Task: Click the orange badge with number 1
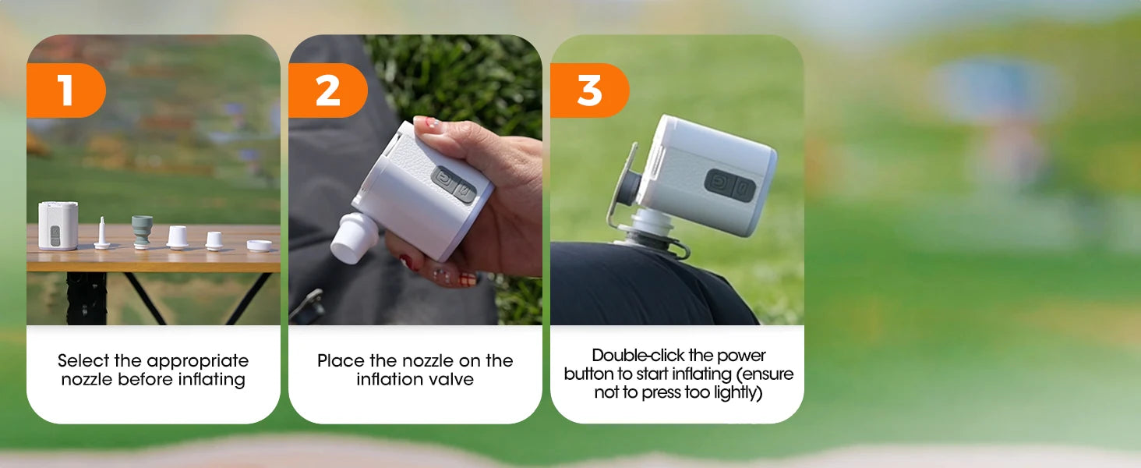pyautogui.click(x=65, y=90)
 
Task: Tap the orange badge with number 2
pyautogui.click(x=327, y=90)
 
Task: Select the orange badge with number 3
pyautogui.click(x=589, y=90)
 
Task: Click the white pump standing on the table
pyautogui.click(x=58, y=225)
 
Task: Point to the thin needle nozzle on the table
pyautogui.click(x=102, y=233)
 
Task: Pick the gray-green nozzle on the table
pyautogui.click(x=142, y=232)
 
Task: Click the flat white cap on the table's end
pyautogui.click(x=260, y=245)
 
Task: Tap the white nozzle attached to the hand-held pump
pyautogui.click(x=354, y=238)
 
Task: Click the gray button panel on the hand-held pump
pyautogui.click(x=454, y=184)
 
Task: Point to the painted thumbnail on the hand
pyautogui.click(x=428, y=123)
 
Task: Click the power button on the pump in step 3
pyautogui.click(x=719, y=182)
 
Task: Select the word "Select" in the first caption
pyautogui.click(x=83, y=360)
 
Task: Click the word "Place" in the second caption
pyautogui.click(x=341, y=360)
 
